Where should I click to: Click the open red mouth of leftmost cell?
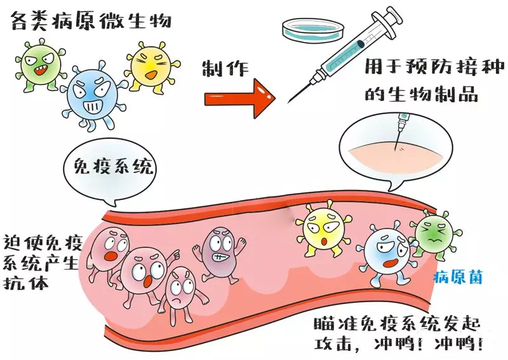(110, 256)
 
